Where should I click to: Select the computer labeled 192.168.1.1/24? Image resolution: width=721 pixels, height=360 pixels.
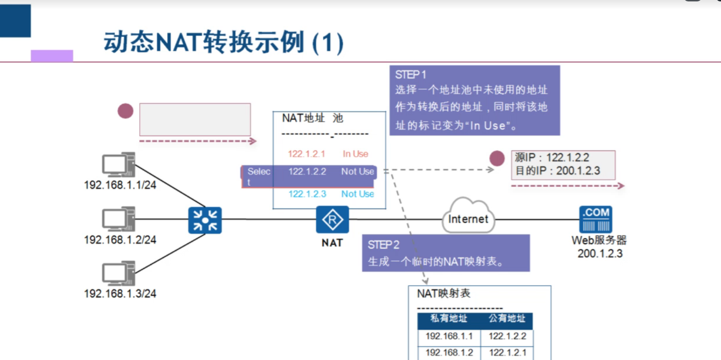pyautogui.click(x=118, y=165)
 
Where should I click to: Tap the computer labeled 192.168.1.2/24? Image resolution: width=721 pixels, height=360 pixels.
pyautogui.click(x=118, y=219)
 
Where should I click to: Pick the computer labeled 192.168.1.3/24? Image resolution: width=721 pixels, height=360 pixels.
pyautogui.click(x=118, y=274)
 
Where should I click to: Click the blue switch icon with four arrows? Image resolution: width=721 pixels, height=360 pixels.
pyautogui.click(x=205, y=220)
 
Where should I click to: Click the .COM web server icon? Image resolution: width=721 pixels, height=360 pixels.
pyautogui.click(x=596, y=219)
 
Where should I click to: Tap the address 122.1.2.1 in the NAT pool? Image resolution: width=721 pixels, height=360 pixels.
pyautogui.click(x=307, y=154)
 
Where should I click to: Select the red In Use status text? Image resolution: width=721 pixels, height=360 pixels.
pyautogui.click(x=356, y=154)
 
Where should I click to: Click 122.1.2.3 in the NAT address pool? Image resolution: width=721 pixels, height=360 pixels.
pyautogui.click(x=307, y=194)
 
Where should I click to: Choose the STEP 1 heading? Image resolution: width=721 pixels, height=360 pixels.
pyautogui.click(x=411, y=75)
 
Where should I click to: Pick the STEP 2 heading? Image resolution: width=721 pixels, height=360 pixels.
pyautogui.click(x=384, y=245)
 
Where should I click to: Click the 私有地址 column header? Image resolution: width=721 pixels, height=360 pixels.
pyautogui.click(x=449, y=319)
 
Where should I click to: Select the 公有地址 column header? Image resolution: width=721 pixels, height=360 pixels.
pyautogui.click(x=507, y=319)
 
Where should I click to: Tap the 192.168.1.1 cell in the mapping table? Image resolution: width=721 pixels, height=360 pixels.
pyautogui.click(x=449, y=336)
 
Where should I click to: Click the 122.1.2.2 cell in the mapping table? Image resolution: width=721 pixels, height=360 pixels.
pyautogui.click(x=507, y=336)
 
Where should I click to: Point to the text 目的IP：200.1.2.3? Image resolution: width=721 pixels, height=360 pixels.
pyautogui.click(x=557, y=171)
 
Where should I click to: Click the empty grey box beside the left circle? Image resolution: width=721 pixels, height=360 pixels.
pyautogui.click(x=195, y=120)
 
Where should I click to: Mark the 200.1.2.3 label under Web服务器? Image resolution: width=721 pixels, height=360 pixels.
pyautogui.click(x=600, y=254)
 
